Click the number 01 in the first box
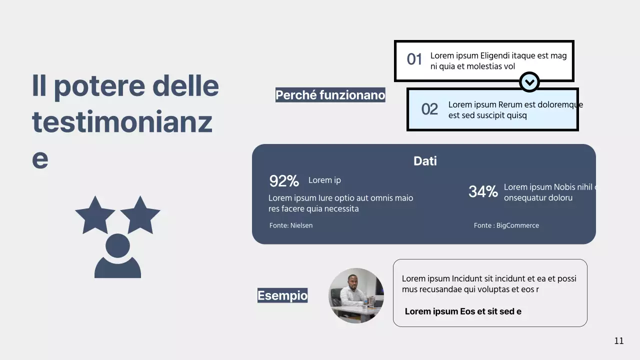(x=414, y=59)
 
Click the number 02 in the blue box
(x=429, y=109)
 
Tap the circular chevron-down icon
(x=529, y=81)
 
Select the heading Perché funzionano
(x=330, y=95)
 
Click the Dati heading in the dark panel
(x=425, y=161)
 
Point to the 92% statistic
(x=284, y=181)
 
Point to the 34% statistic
(x=483, y=191)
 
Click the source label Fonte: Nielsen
(x=291, y=225)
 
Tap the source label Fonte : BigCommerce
(x=506, y=225)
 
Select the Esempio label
(x=282, y=295)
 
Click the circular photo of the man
(x=356, y=295)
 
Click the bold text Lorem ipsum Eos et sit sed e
(x=463, y=311)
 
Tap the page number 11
(x=619, y=341)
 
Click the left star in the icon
(x=95, y=214)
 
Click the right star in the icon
(x=140, y=214)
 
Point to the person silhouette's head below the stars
(x=118, y=245)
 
